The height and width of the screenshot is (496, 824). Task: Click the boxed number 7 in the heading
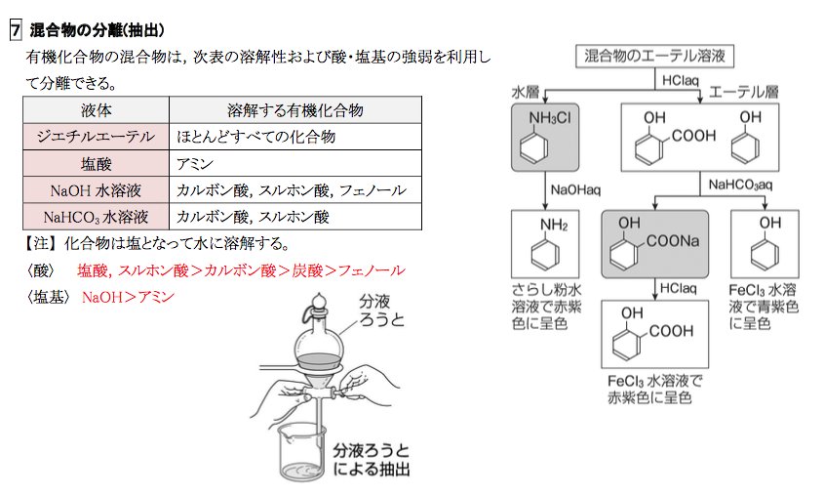click(x=15, y=30)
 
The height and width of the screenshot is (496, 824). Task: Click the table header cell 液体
click(x=95, y=108)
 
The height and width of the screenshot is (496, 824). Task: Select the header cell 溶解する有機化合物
click(x=294, y=108)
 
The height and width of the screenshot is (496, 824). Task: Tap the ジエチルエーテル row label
click(x=95, y=136)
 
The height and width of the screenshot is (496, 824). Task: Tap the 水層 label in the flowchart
click(x=527, y=92)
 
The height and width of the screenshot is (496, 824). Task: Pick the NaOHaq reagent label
click(x=575, y=188)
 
